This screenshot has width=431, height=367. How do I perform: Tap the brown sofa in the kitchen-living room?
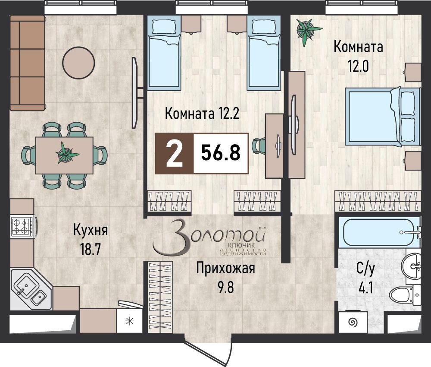click(x=28, y=63)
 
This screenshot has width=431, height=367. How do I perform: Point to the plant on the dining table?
click(x=65, y=153)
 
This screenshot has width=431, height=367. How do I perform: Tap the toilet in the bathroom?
click(x=405, y=296)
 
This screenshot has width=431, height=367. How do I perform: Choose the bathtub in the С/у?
click(x=378, y=233)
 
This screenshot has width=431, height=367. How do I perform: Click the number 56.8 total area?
click(x=221, y=153)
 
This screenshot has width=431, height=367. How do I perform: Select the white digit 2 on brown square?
click(x=174, y=154)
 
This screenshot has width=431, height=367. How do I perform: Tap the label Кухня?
click(x=90, y=229)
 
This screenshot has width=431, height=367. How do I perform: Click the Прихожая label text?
click(x=225, y=269)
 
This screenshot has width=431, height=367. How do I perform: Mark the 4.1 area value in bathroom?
click(x=365, y=287)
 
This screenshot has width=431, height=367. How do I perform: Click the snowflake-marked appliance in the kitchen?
click(x=129, y=321)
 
